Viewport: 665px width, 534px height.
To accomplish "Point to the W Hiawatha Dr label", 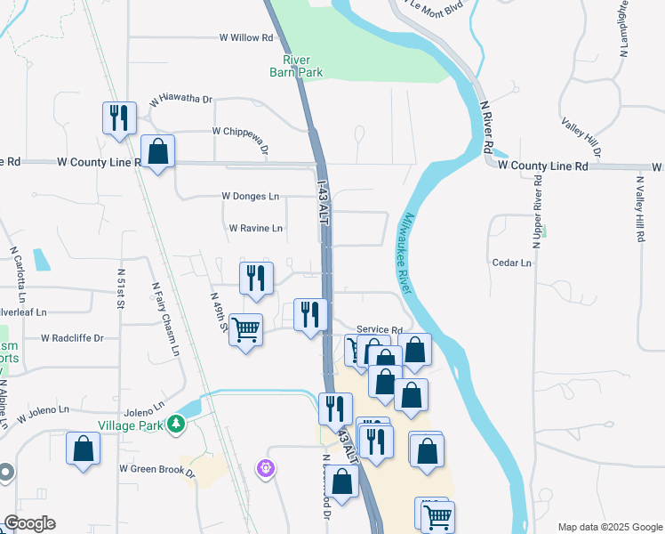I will point(181,101).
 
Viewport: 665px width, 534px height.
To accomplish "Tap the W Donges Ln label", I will point(250,196).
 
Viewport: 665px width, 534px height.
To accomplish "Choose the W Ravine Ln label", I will point(255,229).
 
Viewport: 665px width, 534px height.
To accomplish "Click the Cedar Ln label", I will point(511,263).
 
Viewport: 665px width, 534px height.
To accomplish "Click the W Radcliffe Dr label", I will point(72,338).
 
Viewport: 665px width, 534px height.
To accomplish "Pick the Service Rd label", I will point(380,330).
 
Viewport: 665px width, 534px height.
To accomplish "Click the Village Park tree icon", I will point(176,423).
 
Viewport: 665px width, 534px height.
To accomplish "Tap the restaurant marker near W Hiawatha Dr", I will point(118,117).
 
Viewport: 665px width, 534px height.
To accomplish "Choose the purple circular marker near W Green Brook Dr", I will point(264,467).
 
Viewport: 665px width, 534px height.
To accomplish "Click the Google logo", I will point(29,523).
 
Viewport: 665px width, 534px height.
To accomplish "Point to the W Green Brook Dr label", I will point(156,468).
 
